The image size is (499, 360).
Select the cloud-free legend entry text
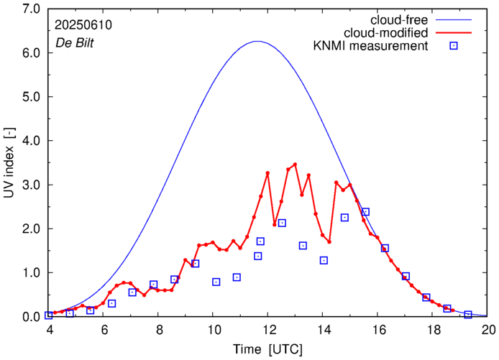[x=398, y=19]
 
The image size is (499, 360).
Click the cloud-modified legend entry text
[x=386, y=33]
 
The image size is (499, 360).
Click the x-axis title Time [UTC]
[x=268, y=350]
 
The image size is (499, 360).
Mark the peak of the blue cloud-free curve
[x=257, y=42]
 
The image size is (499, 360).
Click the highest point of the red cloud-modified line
[x=295, y=165]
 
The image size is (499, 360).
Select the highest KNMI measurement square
[x=365, y=212]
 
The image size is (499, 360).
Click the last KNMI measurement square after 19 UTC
[x=468, y=315]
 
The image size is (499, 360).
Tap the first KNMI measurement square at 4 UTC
[x=49, y=315]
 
